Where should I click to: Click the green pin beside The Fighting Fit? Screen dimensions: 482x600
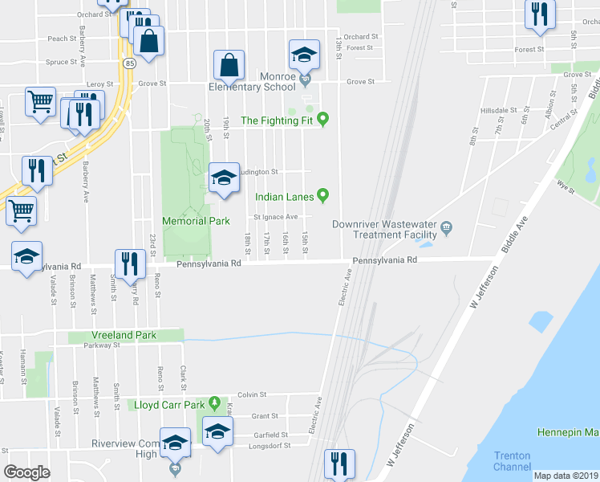323,120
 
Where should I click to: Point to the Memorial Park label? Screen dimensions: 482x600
196,220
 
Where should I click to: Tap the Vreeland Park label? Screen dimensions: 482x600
124,334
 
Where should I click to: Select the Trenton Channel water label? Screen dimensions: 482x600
512,461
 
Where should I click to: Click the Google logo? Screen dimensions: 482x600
26,472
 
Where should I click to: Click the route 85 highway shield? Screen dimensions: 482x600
129,62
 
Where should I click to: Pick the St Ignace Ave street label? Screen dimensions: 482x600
276,217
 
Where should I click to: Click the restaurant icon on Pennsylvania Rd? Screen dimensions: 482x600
128,263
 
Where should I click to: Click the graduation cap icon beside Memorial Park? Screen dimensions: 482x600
224,178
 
